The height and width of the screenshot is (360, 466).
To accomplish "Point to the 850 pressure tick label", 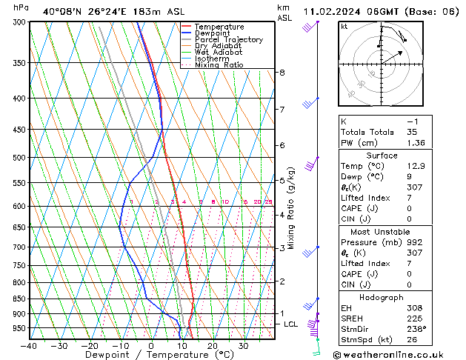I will pos(20,299).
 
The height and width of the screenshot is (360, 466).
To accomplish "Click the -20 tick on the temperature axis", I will pos(90,346).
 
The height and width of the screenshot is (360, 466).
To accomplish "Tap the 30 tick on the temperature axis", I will pos(243,346).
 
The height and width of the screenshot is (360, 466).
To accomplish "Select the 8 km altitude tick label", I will pos(282,73).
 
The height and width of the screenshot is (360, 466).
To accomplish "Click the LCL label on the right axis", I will pos(291,324).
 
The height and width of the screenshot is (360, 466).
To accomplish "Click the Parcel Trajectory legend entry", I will pos(228,40).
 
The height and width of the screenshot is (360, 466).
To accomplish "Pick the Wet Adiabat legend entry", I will pos(219,53).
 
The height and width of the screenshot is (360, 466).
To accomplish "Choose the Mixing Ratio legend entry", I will pos(219,65).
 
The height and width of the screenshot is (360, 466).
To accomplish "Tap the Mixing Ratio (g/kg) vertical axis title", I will pos(292,208).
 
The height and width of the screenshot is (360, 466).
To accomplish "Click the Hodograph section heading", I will pos(382,297).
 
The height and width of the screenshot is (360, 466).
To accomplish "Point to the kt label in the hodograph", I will pos(344,27).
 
